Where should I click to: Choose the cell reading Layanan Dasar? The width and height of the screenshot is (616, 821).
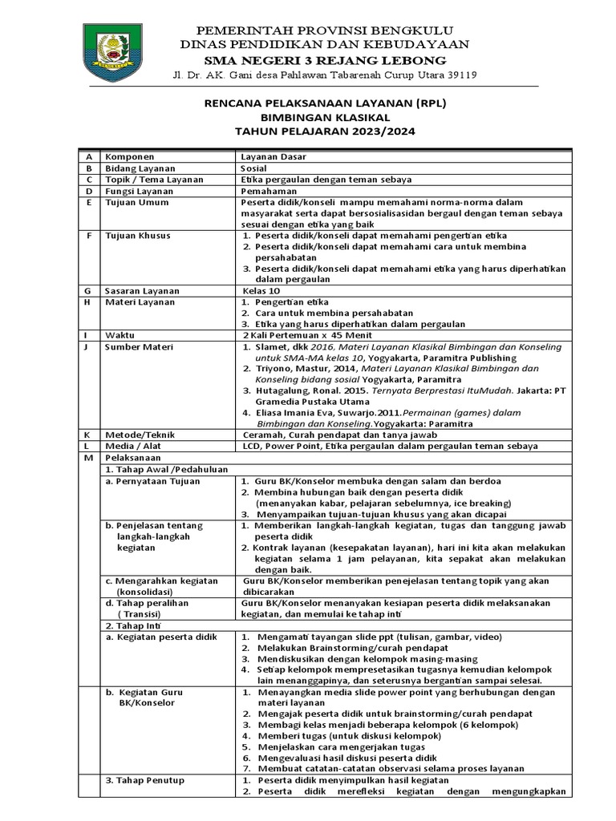pos(268,156)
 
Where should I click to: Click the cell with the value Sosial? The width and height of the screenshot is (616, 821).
pos(255,168)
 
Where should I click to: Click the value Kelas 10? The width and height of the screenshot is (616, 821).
pos(261,290)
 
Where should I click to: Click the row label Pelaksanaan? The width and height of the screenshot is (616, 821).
pos(132,457)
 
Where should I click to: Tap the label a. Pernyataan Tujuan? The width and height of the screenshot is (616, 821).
pos(153,481)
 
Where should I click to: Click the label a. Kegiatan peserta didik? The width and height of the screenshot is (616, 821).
pos(162,636)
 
